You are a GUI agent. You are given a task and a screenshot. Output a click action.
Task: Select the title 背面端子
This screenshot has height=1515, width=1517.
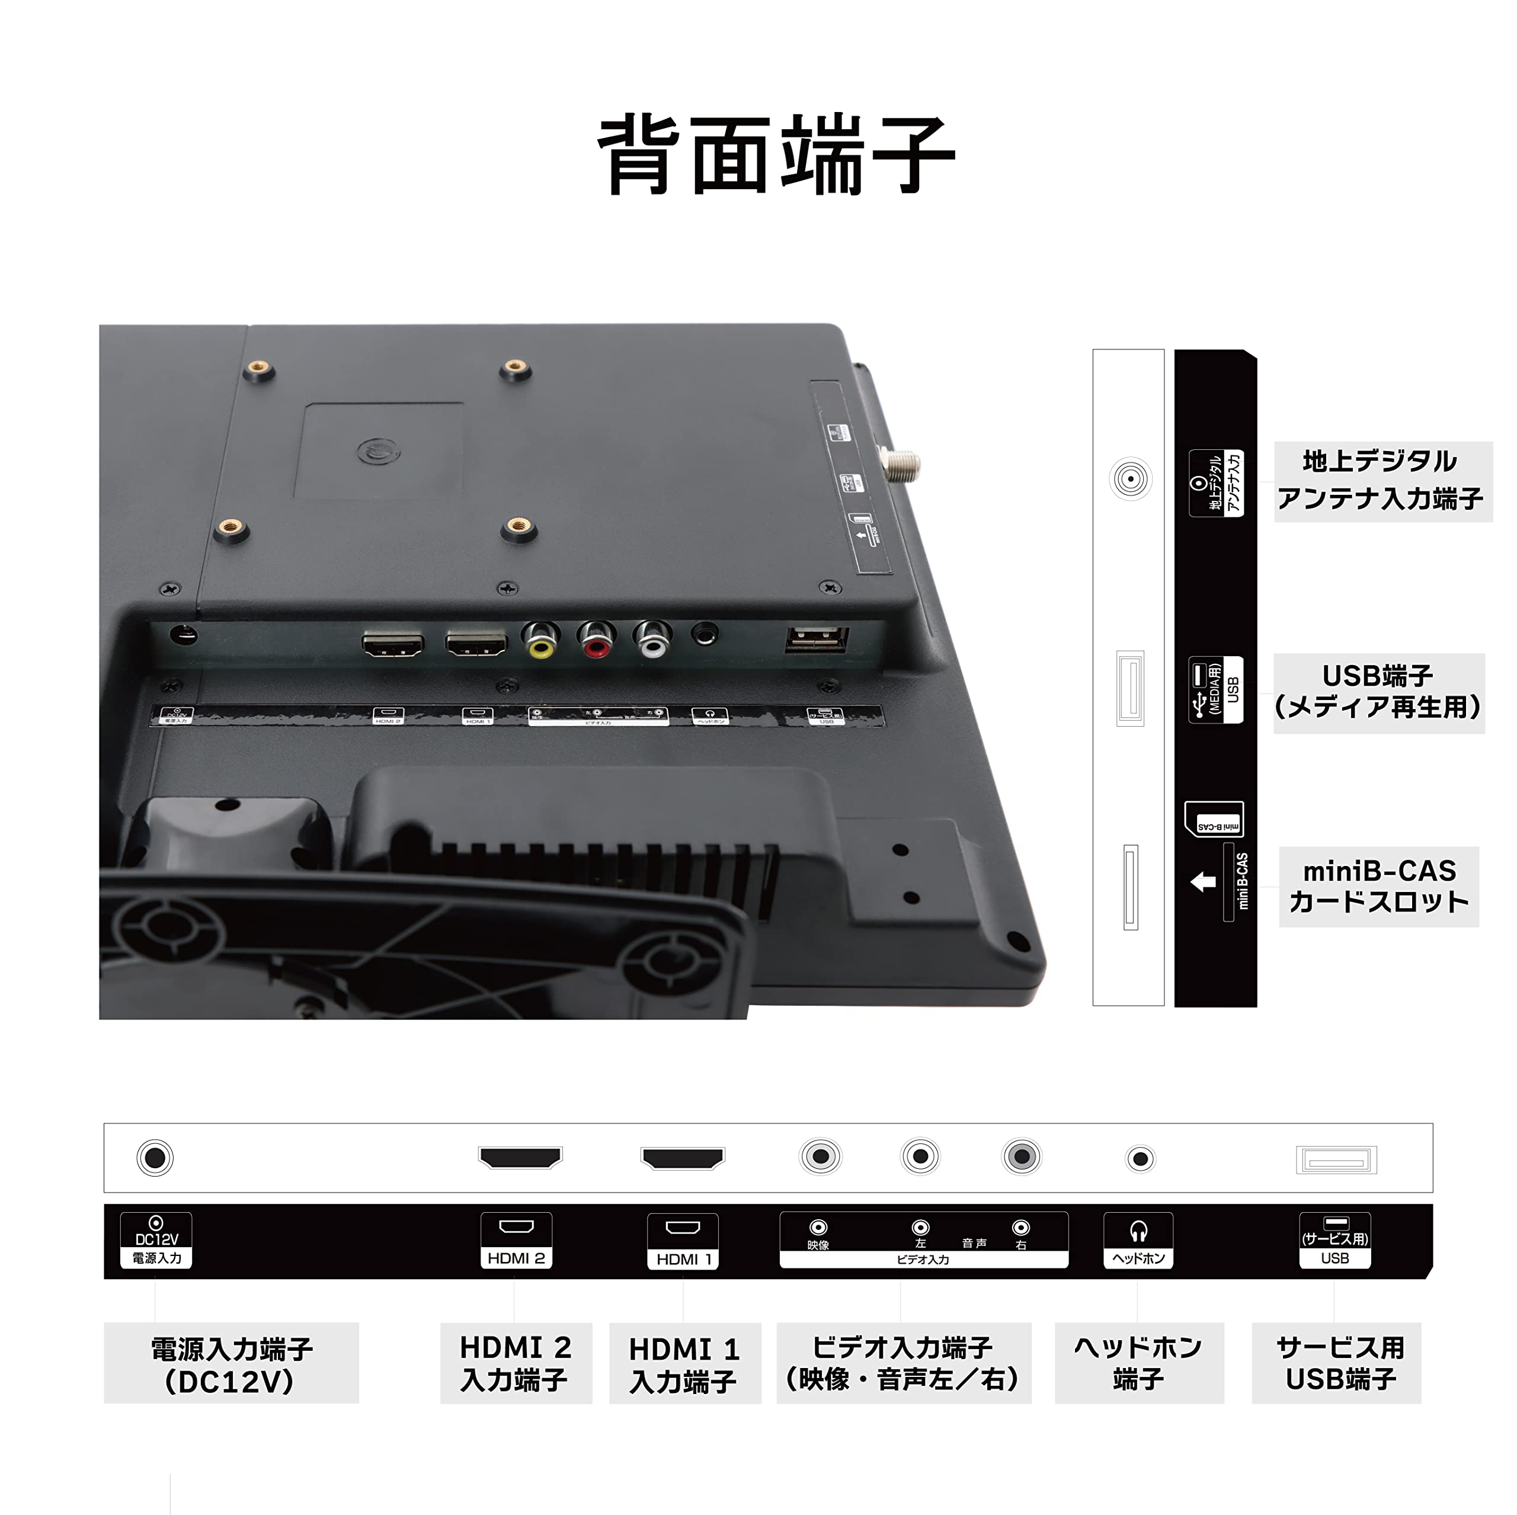(776, 154)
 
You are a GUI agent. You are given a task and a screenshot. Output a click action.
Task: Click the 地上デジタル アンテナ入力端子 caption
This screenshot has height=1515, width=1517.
(1381, 481)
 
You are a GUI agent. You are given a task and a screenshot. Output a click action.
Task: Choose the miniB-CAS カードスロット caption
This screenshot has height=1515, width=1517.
(1378, 887)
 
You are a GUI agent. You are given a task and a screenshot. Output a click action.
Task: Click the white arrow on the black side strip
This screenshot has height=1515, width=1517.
(1203, 882)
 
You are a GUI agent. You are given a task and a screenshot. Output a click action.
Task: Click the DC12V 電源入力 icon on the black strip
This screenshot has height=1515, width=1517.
(156, 1240)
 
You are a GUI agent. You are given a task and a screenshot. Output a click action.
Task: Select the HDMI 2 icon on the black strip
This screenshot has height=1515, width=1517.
(516, 1240)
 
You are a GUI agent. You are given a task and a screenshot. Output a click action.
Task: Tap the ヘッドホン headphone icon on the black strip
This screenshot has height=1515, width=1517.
(1138, 1240)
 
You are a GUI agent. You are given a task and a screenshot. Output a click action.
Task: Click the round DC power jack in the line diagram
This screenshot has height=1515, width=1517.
(155, 1158)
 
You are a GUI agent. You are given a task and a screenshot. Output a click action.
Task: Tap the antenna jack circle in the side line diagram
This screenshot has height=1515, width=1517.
(1130, 478)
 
